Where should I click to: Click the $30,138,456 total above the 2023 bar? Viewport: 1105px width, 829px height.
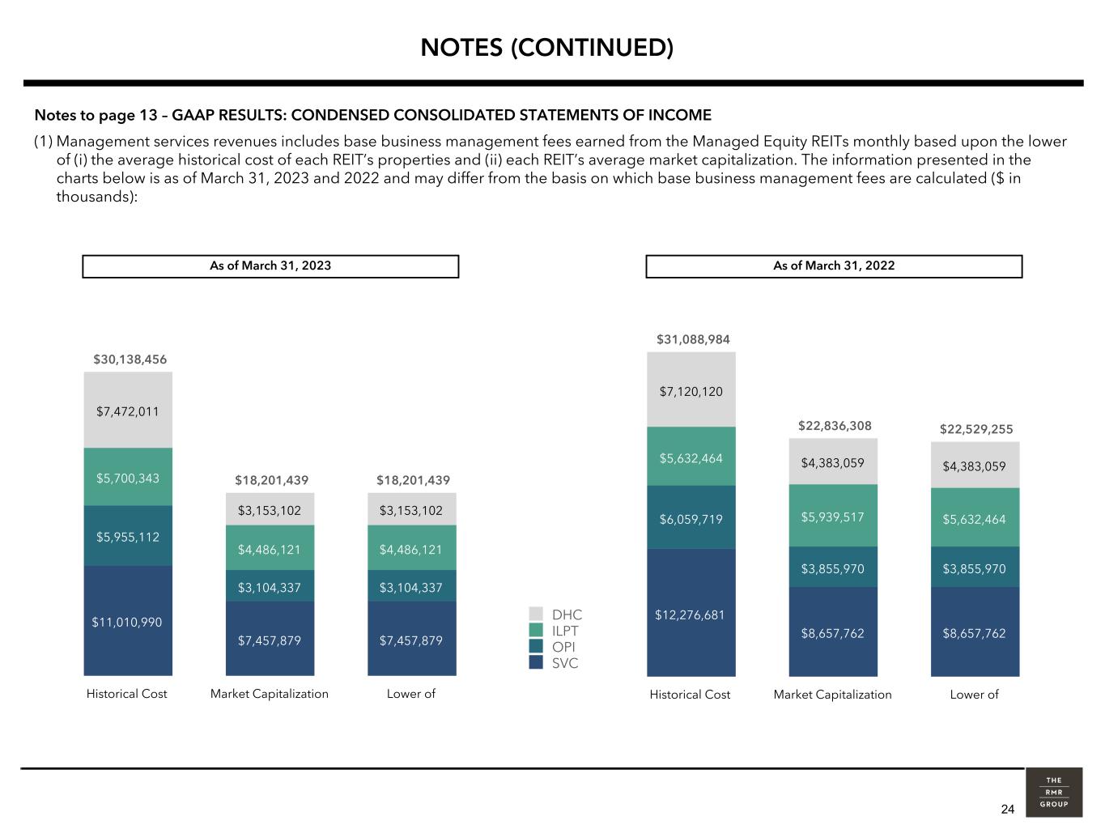pyautogui.click(x=130, y=359)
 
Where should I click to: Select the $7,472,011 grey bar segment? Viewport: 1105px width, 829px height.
pyautogui.click(x=128, y=410)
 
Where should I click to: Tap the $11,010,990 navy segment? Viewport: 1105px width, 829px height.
pyautogui.click(x=128, y=621)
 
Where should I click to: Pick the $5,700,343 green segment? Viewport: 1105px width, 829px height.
pyautogui.click(x=128, y=477)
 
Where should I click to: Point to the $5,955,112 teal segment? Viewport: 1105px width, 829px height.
pyautogui.click(x=128, y=536)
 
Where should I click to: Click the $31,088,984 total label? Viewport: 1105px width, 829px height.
pyautogui.click(x=693, y=340)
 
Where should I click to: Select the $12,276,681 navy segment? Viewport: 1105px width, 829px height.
pyautogui.click(x=691, y=613)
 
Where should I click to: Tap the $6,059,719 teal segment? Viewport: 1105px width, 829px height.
pyautogui.click(x=691, y=517)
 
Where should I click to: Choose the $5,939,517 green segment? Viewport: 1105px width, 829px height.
pyautogui.click(x=833, y=516)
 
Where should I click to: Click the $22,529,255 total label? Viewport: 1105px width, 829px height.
pyautogui.click(x=976, y=429)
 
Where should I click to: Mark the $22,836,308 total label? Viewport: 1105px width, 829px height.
pyautogui.click(x=835, y=426)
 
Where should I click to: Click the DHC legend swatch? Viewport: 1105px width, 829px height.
pyautogui.click(x=536, y=614)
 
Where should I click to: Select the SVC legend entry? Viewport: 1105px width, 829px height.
pyautogui.click(x=554, y=663)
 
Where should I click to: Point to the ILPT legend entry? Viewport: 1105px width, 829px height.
pyautogui.click(x=554, y=631)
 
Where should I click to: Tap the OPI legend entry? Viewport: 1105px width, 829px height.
pyautogui.click(x=552, y=647)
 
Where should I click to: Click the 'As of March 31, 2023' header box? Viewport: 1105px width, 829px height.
pyautogui.click(x=271, y=266)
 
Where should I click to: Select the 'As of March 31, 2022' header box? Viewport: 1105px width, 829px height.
pyautogui.click(x=834, y=266)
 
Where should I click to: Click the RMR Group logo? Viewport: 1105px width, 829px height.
pyautogui.click(x=1054, y=793)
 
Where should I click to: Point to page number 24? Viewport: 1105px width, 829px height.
pyautogui.click(x=1007, y=809)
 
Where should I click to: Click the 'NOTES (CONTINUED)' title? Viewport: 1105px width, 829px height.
pyautogui.click(x=546, y=48)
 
